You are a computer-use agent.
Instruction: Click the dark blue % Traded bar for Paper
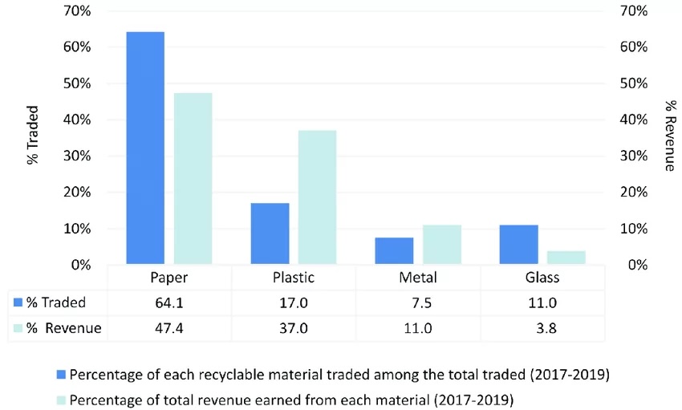(x=145, y=148)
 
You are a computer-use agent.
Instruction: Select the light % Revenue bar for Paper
(x=193, y=178)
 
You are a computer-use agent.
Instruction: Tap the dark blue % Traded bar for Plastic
(x=270, y=233)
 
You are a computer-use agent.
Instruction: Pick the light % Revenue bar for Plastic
(x=317, y=197)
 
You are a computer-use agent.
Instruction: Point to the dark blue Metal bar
(x=394, y=250)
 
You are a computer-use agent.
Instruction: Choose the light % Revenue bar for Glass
(x=566, y=258)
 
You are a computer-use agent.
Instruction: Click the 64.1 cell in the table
(x=168, y=302)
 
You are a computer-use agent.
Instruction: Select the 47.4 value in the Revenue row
(x=168, y=327)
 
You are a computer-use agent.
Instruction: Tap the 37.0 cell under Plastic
(x=293, y=327)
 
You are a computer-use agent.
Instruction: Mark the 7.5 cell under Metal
(x=417, y=302)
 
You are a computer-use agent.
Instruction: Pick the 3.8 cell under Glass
(x=542, y=327)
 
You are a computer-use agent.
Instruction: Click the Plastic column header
(x=293, y=278)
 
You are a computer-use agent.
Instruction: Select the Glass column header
(x=542, y=278)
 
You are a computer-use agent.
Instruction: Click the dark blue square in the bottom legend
(x=62, y=375)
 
